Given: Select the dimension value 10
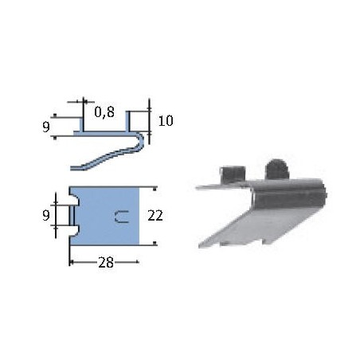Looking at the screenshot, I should tap(166, 121).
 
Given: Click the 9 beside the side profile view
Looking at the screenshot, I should tap(46, 126).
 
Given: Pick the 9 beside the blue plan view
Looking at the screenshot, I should tap(46, 215).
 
